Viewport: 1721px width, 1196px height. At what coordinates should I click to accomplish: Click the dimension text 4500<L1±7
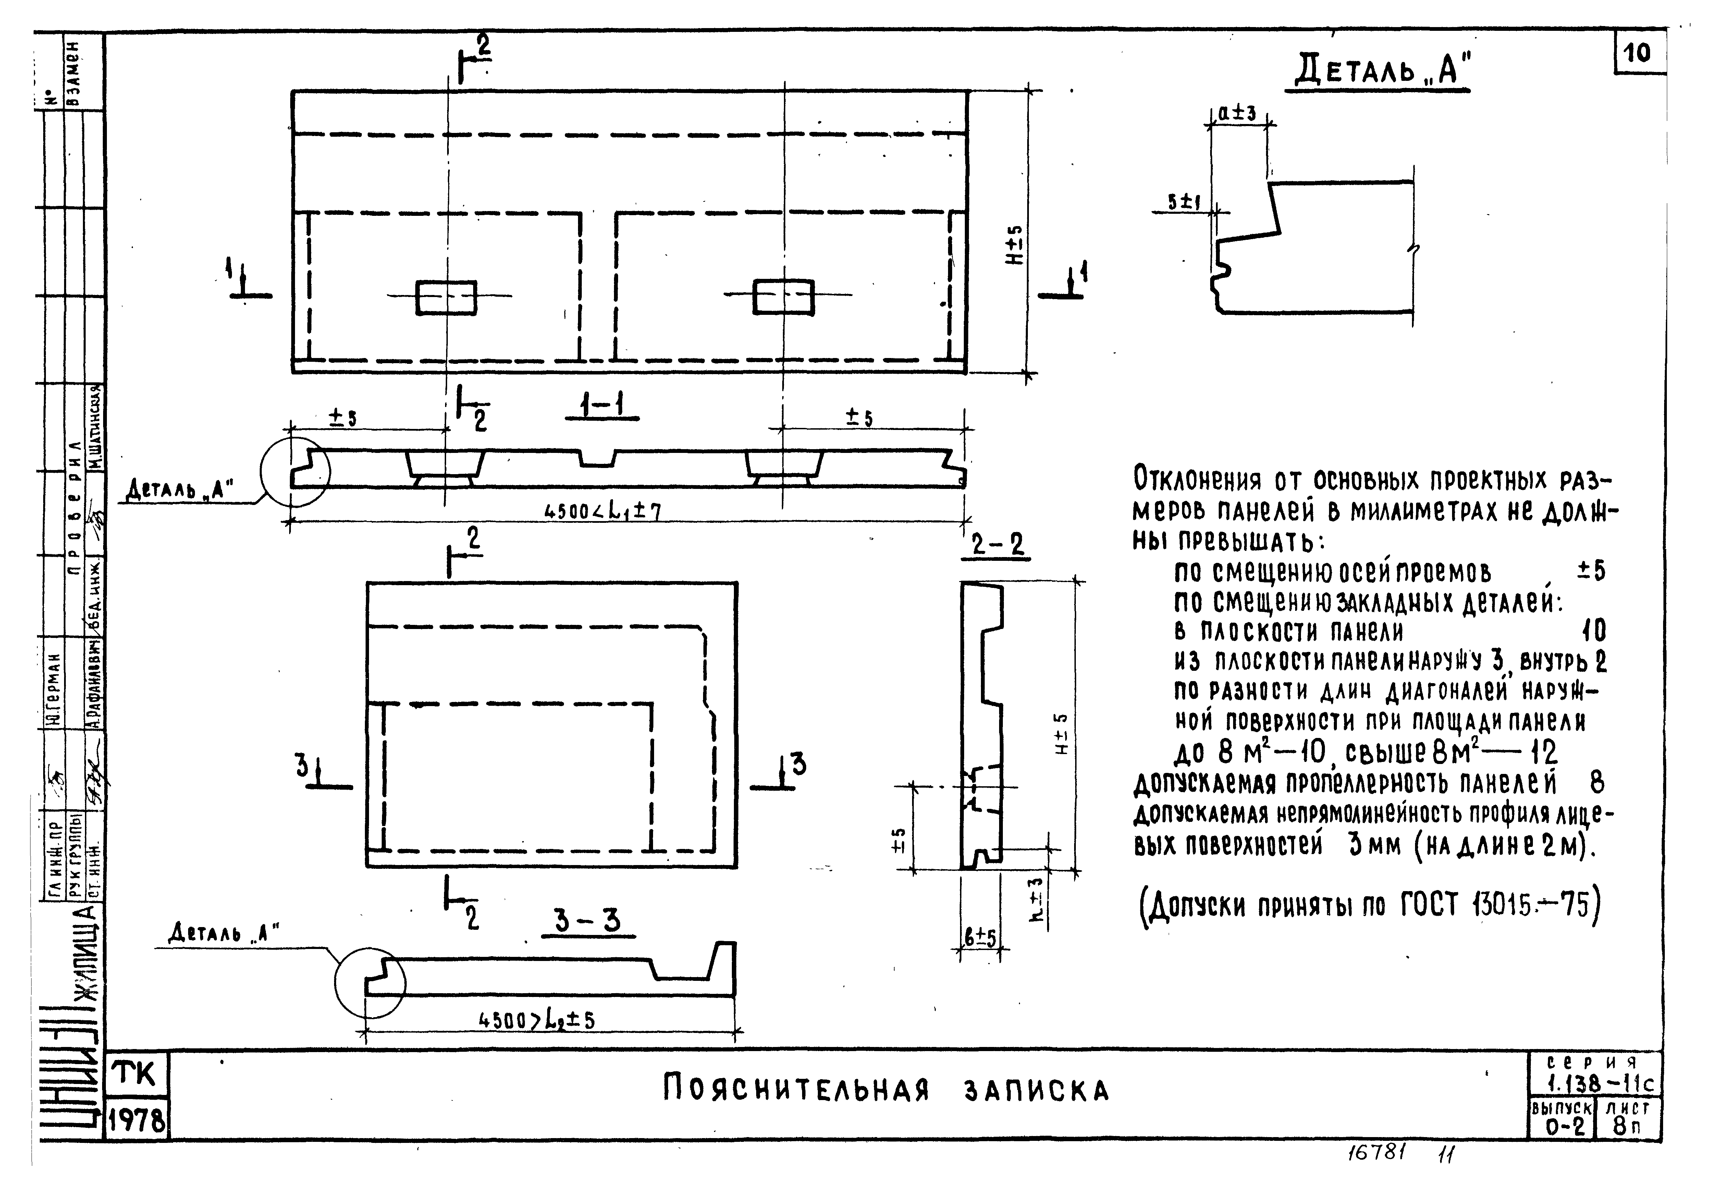pyautogui.click(x=602, y=511)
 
